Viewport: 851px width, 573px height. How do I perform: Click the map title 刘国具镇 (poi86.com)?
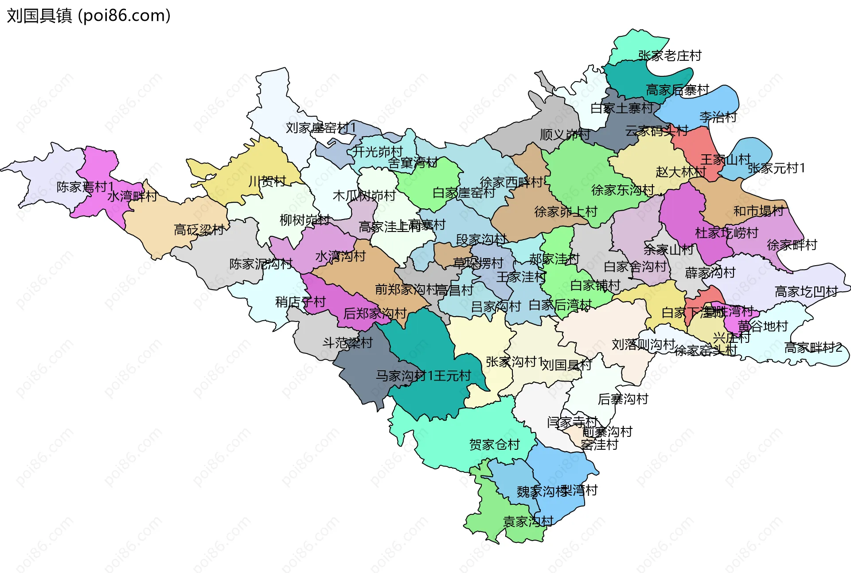[89, 16]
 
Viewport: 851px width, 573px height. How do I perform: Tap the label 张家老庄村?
[670, 56]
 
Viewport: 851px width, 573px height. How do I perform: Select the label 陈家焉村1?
[85, 187]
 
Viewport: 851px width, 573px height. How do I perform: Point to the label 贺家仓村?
[494, 444]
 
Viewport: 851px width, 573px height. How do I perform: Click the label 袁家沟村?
[528, 522]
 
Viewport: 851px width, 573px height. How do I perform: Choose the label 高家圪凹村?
[806, 291]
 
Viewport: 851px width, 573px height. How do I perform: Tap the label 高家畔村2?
[813, 348]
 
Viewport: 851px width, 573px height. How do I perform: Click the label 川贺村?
[267, 181]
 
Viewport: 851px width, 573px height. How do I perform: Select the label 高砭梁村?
[199, 230]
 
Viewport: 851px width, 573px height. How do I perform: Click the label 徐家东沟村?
[622, 190]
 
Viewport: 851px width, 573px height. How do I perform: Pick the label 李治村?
[718, 117]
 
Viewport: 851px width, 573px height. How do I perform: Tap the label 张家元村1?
[776, 168]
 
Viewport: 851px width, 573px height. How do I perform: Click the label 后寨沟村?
[623, 399]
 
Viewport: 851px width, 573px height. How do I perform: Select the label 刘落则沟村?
[643, 344]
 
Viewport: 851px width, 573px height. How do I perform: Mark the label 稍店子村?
[300, 302]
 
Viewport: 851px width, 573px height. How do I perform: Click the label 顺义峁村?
[565, 134]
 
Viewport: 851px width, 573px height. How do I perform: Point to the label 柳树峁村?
[304, 220]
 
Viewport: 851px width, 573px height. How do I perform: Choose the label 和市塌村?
[758, 211]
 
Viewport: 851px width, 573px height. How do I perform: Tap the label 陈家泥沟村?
[261, 264]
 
